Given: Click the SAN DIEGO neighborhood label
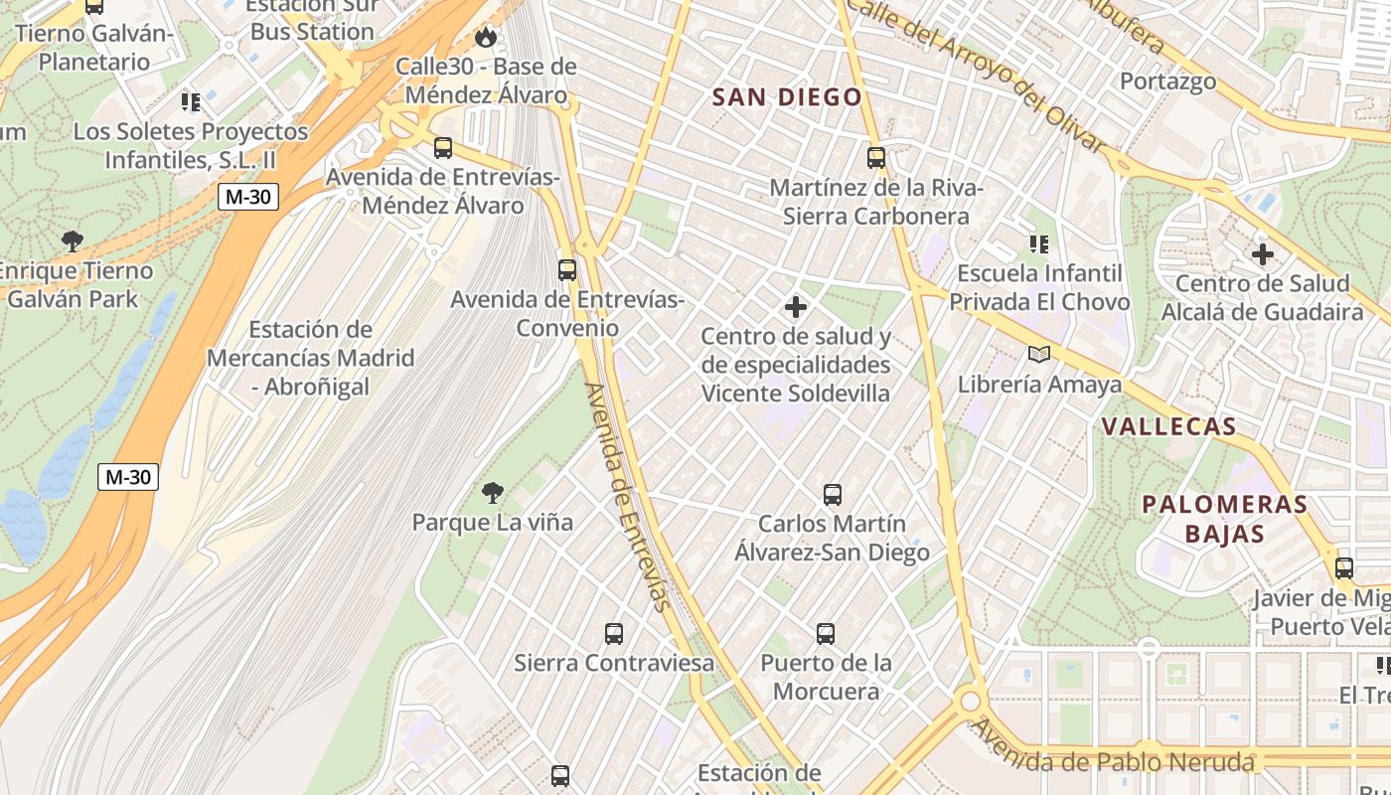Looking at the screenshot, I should [x=787, y=97].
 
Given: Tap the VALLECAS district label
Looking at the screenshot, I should [x=1168, y=427].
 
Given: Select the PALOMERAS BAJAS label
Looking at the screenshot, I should [x=1224, y=519].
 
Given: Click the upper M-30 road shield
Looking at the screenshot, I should [x=248, y=197].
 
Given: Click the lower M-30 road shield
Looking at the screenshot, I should [x=129, y=477].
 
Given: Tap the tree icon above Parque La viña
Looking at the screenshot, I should [x=492, y=492].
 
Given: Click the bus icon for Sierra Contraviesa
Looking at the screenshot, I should [x=614, y=633].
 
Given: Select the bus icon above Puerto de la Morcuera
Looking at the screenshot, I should [x=826, y=633].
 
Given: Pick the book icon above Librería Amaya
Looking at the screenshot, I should [x=1039, y=355].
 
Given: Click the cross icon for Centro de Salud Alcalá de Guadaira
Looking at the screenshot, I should [x=1263, y=254].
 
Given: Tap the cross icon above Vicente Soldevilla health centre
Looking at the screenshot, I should [x=795, y=307].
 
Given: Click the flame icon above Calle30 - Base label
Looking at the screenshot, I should [x=485, y=38].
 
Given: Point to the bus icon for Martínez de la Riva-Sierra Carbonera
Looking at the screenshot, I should [x=875, y=157].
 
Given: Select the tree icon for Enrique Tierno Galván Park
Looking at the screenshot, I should [x=72, y=240].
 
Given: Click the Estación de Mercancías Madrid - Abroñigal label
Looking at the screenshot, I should [x=310, y=358].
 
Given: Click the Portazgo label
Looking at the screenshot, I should [x=1167, y=81].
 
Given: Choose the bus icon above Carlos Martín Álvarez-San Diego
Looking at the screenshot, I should [x=833, y=494].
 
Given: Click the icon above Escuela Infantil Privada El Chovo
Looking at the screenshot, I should [x=1039, y=244].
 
